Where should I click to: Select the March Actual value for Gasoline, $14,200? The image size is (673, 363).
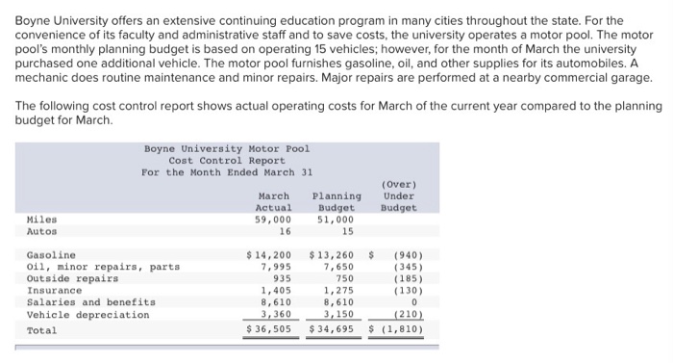point(269,255)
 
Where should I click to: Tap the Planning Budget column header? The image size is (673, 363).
point(336,201)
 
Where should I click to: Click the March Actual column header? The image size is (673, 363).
point(273,201)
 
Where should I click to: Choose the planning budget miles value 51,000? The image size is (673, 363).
point(336,220)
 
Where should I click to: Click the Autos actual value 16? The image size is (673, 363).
point(285,231)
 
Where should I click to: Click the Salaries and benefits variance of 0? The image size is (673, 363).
point(411,302)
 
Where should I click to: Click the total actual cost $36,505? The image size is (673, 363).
point(269,330)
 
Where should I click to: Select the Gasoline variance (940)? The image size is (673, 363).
point(404,255)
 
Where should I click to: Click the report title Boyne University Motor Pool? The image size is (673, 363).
point(227,149)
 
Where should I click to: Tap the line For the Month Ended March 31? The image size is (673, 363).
point(227,172)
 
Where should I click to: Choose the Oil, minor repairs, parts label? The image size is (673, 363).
point(103,267)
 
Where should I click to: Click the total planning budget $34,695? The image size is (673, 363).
point(332,330)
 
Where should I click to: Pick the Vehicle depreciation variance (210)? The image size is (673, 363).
point(404,314)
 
